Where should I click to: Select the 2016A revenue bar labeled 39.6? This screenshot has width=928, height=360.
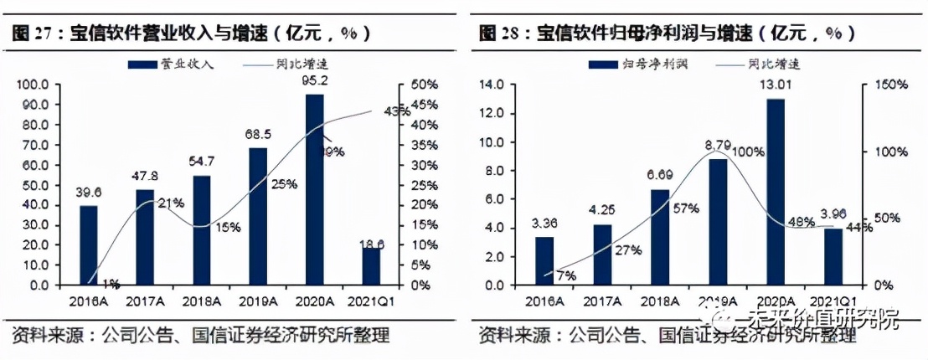pyautogui.click(x=89, y=244)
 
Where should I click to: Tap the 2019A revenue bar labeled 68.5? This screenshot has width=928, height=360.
pyautogui.click(x=258, y=216)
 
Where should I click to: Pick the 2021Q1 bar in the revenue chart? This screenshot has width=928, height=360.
pyautogui.click(x=370, y=266)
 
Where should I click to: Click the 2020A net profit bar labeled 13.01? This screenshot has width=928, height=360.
pyautogui.click(x=775, y=192)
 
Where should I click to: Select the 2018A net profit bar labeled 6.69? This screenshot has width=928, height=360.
pyautogui.click(x=661, y=237)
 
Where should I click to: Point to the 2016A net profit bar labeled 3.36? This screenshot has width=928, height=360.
pyautogui.click(x=544, y=260)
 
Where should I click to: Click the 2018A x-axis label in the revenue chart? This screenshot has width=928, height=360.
pyautogui.click(x=202, y=301)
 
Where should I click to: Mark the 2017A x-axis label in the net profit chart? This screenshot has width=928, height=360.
pyautogui.click(x=602, y=301)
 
